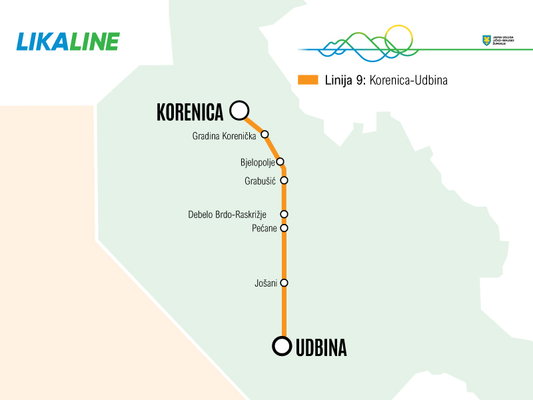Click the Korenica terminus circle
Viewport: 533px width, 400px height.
point(239,110)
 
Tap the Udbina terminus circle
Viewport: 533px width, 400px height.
point(282,345)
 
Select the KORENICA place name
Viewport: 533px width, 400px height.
point(189,112)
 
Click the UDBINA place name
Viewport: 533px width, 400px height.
point(321,347)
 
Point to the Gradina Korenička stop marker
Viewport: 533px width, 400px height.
point(265,134)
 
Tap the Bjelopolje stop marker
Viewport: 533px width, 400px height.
point(280,161)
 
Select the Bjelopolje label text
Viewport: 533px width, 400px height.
point(257,163)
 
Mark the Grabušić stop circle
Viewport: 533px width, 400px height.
point(284,180)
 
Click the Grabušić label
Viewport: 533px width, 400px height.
point(261,181)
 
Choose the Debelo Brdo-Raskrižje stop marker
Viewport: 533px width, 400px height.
point(284,214)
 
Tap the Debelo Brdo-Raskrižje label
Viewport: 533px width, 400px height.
point(227,215)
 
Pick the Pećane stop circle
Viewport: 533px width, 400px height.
point(284,228)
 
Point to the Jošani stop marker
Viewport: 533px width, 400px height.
point(284,283)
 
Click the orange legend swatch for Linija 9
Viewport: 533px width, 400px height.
point(308,80)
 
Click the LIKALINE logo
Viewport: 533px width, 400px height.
point(67,41)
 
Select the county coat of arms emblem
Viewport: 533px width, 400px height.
point(486,41)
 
